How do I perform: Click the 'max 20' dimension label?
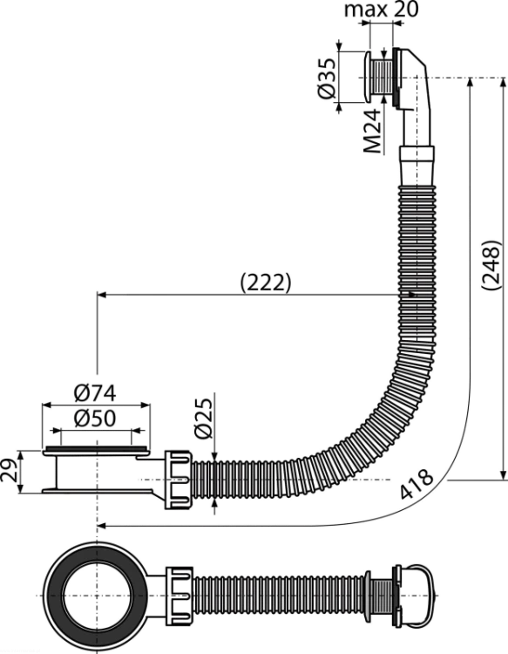[x=381, y=10]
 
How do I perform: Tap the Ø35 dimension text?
[x=326, y=78]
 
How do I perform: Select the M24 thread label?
[x=372, y=131]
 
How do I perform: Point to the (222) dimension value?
[x=266, y=283]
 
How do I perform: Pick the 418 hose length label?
[x=417, y=484]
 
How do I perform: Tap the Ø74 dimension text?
[x=95, y=393]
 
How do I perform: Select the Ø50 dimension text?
[x=95, y=419]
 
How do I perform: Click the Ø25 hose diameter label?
[x=203, y=418]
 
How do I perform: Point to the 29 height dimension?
[x=10, y=472]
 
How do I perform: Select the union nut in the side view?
[x=179, y=480]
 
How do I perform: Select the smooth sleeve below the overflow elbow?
[x=417, y=166]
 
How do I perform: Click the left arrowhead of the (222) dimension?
[x=101, y=295]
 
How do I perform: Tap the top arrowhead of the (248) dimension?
[x=471, y=82]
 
